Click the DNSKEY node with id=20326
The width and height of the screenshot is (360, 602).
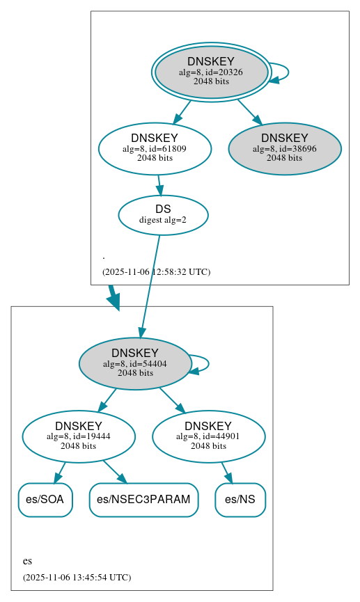(x=211, y=72)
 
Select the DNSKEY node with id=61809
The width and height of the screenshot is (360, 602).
(x=155, y=148)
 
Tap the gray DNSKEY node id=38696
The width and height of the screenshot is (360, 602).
(x=284, y=148)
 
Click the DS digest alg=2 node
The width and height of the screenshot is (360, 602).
(x=163, y=214)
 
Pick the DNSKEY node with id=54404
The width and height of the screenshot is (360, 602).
(x=135, y=363)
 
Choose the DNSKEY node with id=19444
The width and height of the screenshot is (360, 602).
(x=79, y=436)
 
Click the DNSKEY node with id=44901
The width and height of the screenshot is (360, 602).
(x=208, y=436)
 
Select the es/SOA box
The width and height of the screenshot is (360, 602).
(x=45, y=500)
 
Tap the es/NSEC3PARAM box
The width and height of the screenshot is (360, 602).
(x=143, y=500)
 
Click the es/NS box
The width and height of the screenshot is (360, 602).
(x=240, y=500)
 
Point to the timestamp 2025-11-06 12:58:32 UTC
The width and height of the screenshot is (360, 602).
(x=156, y=271)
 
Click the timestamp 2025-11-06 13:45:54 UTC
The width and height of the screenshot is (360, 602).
(x=77, y=577)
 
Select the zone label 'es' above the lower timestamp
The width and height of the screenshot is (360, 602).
(x=27, y=561)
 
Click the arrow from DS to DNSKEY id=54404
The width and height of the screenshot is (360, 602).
(x=150, y=285)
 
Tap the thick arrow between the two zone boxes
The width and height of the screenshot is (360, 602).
(x=113, y=297)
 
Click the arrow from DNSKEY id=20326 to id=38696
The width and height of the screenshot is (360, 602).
(x=249, y=111)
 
